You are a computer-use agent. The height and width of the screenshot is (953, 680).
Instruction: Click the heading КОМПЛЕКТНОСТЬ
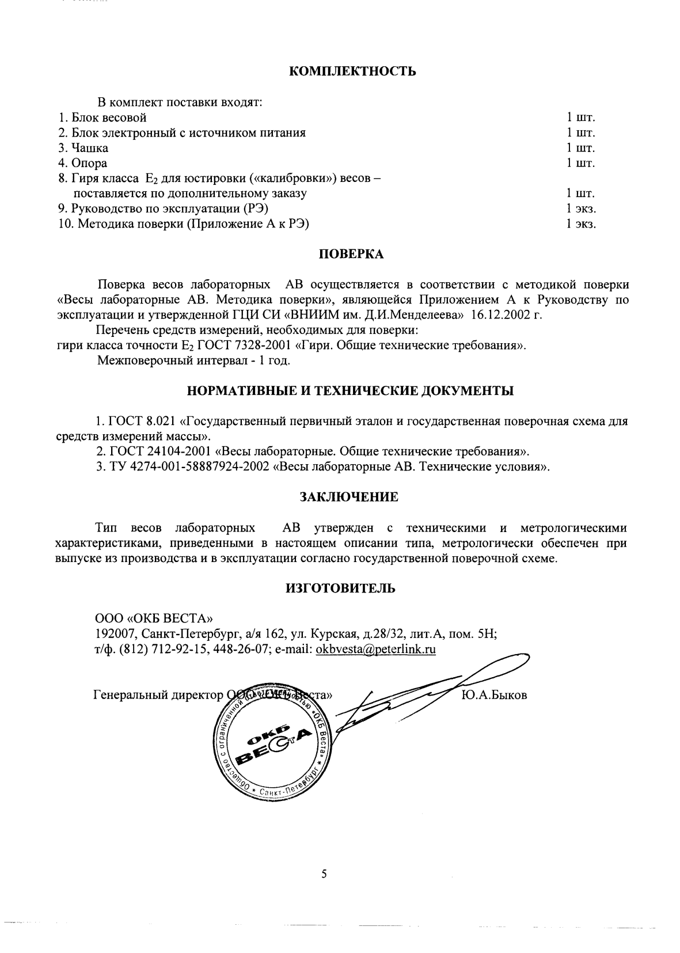pyautogui.click(x=351, y=71)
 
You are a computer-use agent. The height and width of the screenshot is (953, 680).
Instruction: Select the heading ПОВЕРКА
pyautogui.click(x=351, y=254)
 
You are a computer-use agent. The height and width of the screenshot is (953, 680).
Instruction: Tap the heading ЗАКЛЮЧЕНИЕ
pyautogui.click(x=349, y=496)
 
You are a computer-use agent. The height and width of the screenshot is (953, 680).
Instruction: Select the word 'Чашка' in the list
pyautogui.click(x=90, y=148)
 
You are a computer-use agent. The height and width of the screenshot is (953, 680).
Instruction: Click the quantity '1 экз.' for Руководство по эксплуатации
pyautogui.click(x=580, y=208)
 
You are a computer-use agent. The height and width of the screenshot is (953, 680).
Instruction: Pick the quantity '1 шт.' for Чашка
pyautogui.click(x=580, y=148)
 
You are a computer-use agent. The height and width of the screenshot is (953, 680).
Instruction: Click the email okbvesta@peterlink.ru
pyautogui.click(x=375, y=649)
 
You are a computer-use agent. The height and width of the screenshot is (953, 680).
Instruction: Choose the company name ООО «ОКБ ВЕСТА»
pyautogui.click(x=154, y=619)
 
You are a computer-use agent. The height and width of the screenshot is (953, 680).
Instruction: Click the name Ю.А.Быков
pyautogui.click(x=494, y=695)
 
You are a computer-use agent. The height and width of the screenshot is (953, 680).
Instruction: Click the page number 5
pyautogui.click(x=324, y=874)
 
